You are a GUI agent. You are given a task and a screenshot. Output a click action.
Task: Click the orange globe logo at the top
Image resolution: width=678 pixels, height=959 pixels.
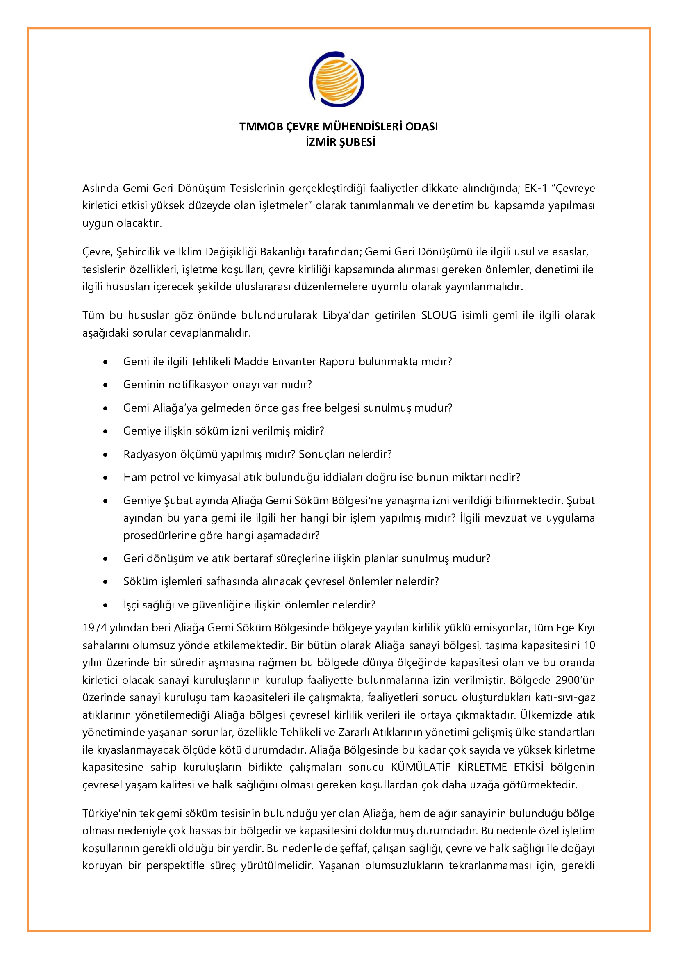tap(337, 80)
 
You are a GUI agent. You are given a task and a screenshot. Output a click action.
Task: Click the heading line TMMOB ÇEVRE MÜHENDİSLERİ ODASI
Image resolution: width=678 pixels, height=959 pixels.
tap(339, 127)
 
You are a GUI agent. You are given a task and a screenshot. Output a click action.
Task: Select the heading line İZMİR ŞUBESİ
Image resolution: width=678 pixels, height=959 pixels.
tap(340, 142)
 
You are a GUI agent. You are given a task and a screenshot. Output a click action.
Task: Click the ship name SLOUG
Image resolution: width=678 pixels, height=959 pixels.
tap(439, 315)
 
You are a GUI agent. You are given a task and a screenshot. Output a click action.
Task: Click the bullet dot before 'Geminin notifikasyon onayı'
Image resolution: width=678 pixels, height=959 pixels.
tap(106, 385)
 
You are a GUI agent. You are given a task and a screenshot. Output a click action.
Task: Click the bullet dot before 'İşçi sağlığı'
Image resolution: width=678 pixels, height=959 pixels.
tap(106, 605)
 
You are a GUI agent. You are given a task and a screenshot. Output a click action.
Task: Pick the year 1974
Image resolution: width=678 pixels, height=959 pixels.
tap(94, 628)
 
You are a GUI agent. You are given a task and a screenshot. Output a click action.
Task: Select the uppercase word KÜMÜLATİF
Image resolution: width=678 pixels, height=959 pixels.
tap(421, 767)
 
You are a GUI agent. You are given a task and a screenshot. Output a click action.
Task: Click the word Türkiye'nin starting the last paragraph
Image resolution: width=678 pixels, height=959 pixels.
tap(109, 813)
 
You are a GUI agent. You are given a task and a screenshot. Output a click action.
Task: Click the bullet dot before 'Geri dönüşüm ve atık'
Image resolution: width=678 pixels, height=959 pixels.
tap(106, 559)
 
